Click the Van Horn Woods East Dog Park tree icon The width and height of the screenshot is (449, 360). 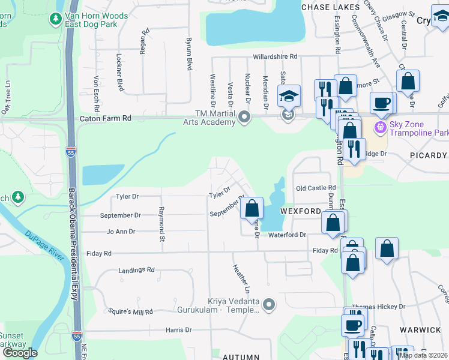[56, 19]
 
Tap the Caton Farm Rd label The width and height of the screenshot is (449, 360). [105, 119]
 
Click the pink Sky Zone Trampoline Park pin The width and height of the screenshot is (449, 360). [379, 127]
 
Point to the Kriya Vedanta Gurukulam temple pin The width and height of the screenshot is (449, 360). [269, 305]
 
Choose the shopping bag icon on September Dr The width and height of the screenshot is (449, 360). [252, 209]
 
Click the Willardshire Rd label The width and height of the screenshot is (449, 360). [275, 56]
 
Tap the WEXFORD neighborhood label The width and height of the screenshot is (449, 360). [300, 212]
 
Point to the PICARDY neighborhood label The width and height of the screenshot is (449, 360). [429, 155]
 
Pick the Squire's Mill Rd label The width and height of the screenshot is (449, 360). [130, 312]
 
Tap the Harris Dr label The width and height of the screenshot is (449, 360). [178, 330]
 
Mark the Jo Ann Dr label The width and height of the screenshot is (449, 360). [121, 231]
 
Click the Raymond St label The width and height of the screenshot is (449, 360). [161, 217]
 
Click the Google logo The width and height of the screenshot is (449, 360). [20, 353]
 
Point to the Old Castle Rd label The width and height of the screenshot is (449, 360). [315, 188]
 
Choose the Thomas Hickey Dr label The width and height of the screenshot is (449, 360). [379, 307]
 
